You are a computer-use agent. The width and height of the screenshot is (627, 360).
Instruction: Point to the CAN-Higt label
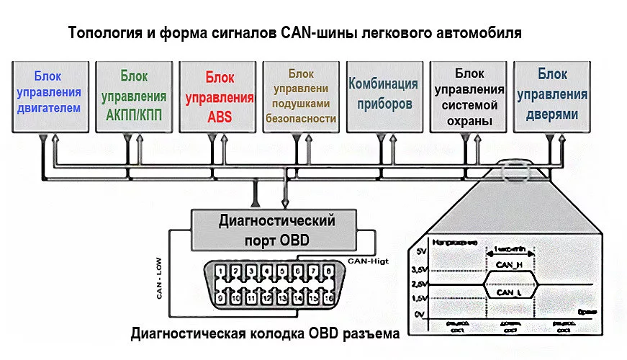368,261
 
